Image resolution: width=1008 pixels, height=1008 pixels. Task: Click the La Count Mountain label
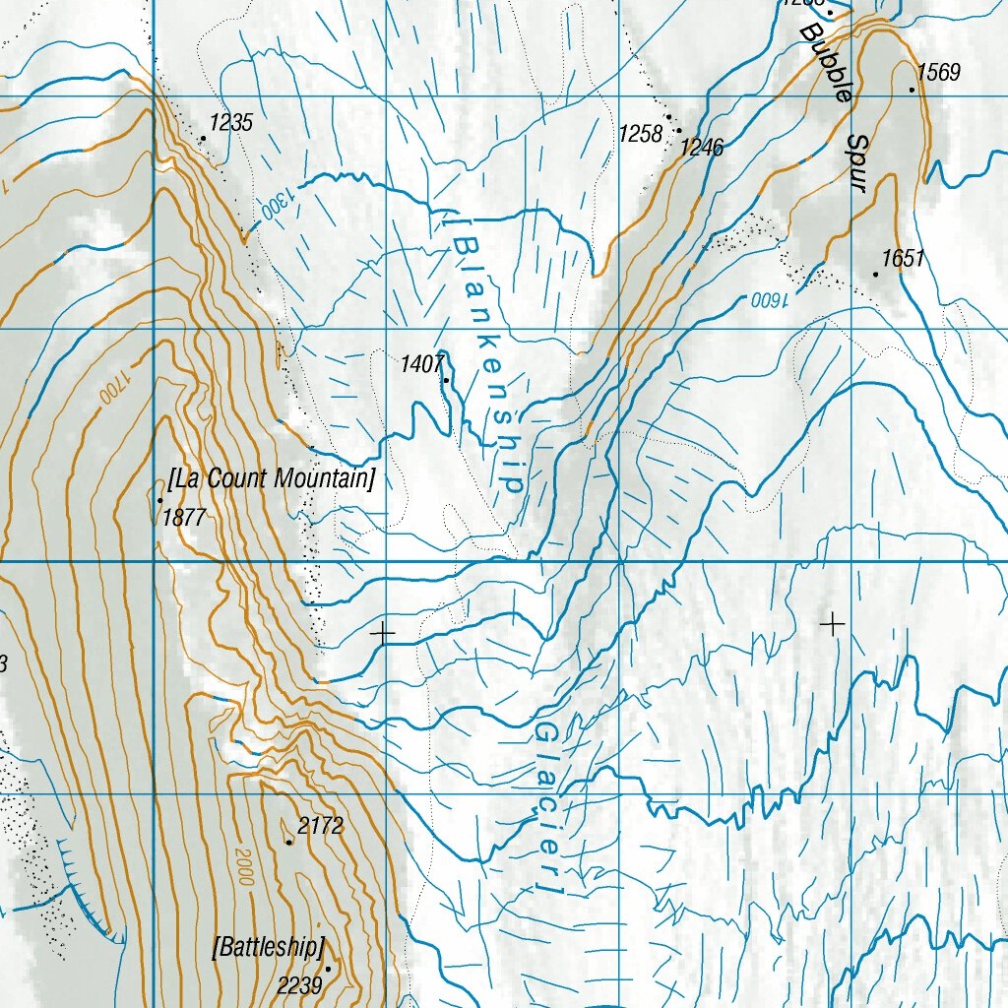click(x=272, y=479)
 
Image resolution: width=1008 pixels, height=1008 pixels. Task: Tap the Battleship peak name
click(x=268, y=948)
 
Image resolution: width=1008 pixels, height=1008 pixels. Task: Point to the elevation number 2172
click(x=321, y=826)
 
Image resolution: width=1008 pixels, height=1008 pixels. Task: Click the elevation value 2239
click(x=298, y=984)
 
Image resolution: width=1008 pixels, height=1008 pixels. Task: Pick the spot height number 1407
click(x=420, y=365)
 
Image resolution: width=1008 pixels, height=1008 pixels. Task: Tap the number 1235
click(x=232, y=123)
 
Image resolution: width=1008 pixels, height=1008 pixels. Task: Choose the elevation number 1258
click(x=640, y=134)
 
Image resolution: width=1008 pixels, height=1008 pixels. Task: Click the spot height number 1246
click(x=702, y=148)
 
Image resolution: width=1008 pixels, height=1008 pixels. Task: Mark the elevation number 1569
click(x=938, y=72)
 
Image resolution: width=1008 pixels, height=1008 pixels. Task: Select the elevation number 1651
click(x=903, y=259)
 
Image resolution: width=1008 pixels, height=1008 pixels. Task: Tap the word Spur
click(x=852, y=162)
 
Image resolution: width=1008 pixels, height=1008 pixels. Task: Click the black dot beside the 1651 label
click(x=875, y=274)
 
